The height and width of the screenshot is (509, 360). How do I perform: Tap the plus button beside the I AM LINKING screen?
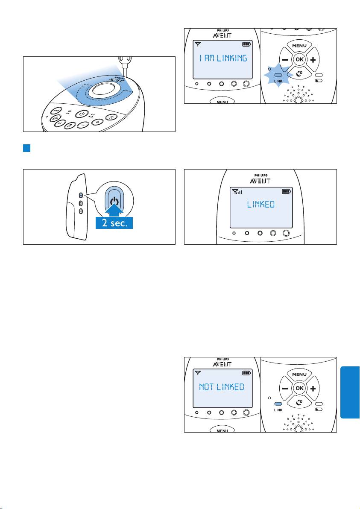pos(313,60)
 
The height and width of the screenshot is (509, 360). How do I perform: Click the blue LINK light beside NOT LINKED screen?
pos(278,404)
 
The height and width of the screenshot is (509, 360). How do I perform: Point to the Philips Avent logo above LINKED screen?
pos(260,178)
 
